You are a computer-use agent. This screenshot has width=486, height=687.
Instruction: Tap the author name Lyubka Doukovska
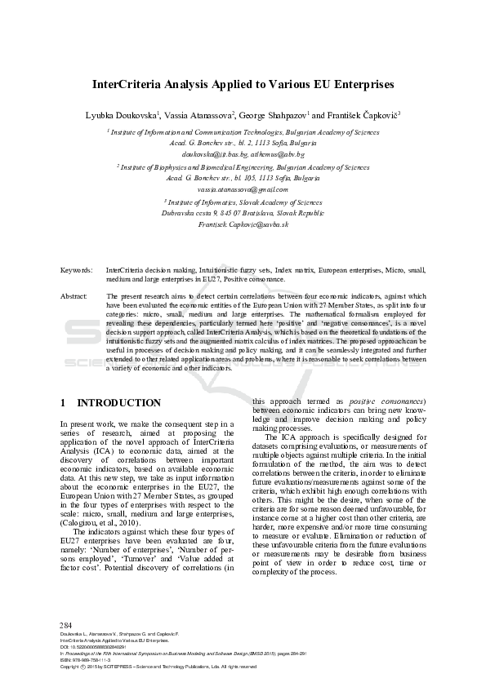point(122,117)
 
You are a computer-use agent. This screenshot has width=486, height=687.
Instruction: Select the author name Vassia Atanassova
point(198,117)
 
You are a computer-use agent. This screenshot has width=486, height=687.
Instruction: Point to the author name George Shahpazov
point(273,117)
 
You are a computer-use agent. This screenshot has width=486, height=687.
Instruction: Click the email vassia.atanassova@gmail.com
point(243,189)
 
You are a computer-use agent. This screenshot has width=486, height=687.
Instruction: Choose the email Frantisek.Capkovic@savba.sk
point(243,224)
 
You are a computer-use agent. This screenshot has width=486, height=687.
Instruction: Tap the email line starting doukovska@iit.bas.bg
point(243,154)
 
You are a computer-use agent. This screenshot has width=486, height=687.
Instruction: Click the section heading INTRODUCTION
point(118,403)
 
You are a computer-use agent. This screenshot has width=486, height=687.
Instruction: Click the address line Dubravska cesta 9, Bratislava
point(243,212)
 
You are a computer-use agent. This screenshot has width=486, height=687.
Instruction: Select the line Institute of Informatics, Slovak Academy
point(243,201)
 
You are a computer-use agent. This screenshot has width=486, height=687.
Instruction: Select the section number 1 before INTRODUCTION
point(64,403)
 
